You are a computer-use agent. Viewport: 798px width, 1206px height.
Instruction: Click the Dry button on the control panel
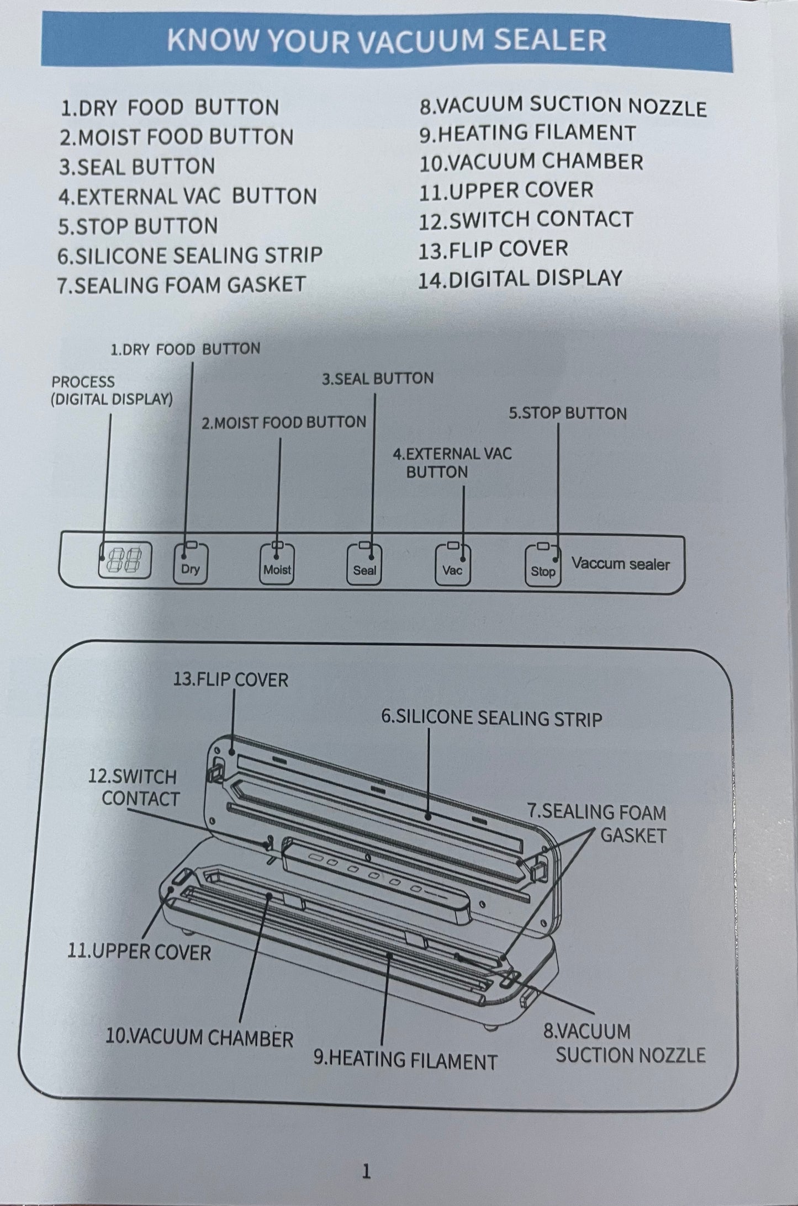(x=191, y=563)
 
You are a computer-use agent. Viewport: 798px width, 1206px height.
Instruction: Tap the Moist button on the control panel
(x=277, y=563)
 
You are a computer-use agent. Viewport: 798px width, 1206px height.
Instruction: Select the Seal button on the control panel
(x=364, y=564)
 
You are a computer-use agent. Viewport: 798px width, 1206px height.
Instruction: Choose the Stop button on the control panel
(x=542, y=565)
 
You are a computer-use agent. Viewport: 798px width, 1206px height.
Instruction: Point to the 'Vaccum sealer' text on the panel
(x=620, y=564)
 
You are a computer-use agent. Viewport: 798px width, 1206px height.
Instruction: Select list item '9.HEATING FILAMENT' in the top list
(x=527, y=133)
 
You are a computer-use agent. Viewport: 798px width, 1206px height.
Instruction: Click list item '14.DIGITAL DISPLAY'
(x=520, y=278)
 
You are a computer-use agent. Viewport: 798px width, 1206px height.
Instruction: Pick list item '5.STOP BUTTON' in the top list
(x=138, y=226)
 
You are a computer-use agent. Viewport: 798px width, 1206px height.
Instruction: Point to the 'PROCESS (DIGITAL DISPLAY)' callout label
(x=112, y=390)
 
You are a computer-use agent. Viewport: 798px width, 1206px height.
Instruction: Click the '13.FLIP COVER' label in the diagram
(x=230, y=679)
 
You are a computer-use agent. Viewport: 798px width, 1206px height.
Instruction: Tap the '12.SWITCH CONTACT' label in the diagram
(x=133, y=788)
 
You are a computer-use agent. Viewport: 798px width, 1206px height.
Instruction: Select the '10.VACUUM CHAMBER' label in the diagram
(x=199, y=1038)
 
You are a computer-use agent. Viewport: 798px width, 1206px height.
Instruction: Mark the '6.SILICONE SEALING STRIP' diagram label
(x=492, y=718)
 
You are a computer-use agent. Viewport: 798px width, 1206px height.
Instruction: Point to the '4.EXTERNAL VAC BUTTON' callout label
(x=452, y=463)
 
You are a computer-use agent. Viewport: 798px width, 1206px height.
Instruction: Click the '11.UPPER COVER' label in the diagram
(x=139, y=952)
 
